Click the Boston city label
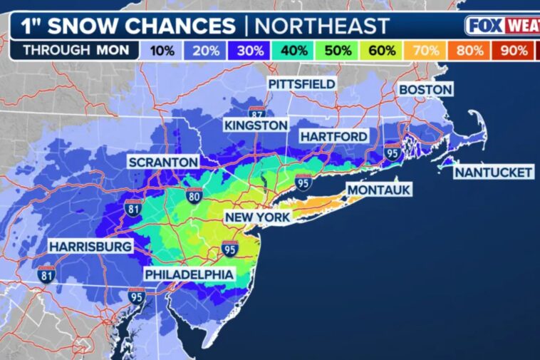pyautogui.click(x=425, y=89)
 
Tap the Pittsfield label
pyautogui.click(x=301, y=84)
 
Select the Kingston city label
pyautogui.click(x=255, y=125)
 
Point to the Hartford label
pyautogui.click(x=333, y=136)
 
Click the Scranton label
pyautogui.click(x=163, y=163)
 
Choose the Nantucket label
pyautogui.click(x=494, y=173)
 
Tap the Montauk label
pyautogui.click(x=379, y=190)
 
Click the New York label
pyautogui.click(x=257, y=217)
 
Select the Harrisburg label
pyautogui.click(x=90, y=247)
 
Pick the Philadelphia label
pyautogui.click(x=189, y=274)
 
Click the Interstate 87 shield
pyautogui.click(x=257, y=113)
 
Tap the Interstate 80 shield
pyautogui.click(x=194, y=194)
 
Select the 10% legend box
pyautogui.click(x=163, y=51)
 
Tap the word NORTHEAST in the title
pyautogui.click(x=322, y=26)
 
